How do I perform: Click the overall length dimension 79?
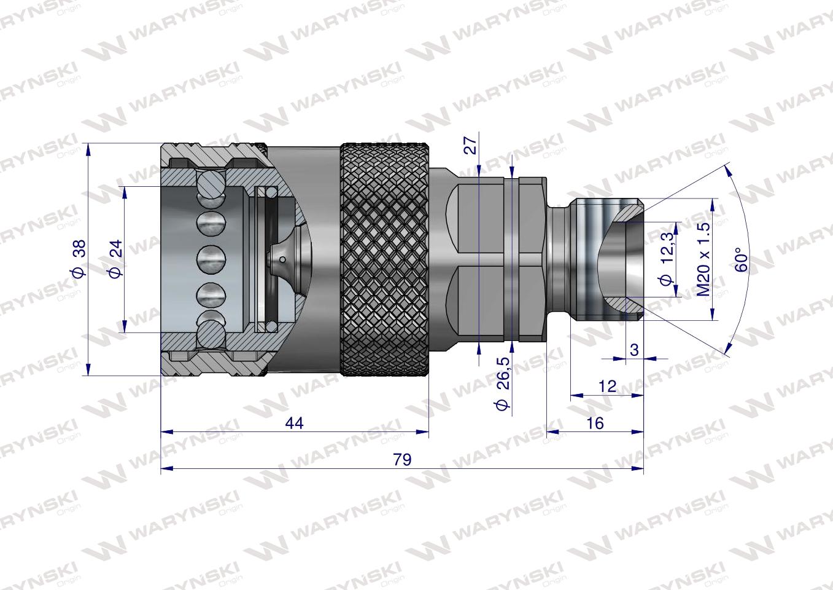[402, 460]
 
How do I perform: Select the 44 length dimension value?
[295, 423]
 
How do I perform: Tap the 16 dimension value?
[595, 423]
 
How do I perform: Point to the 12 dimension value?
[606, 386]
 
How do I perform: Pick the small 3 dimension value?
[634, 350]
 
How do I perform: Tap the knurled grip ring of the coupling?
[384, 259]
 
